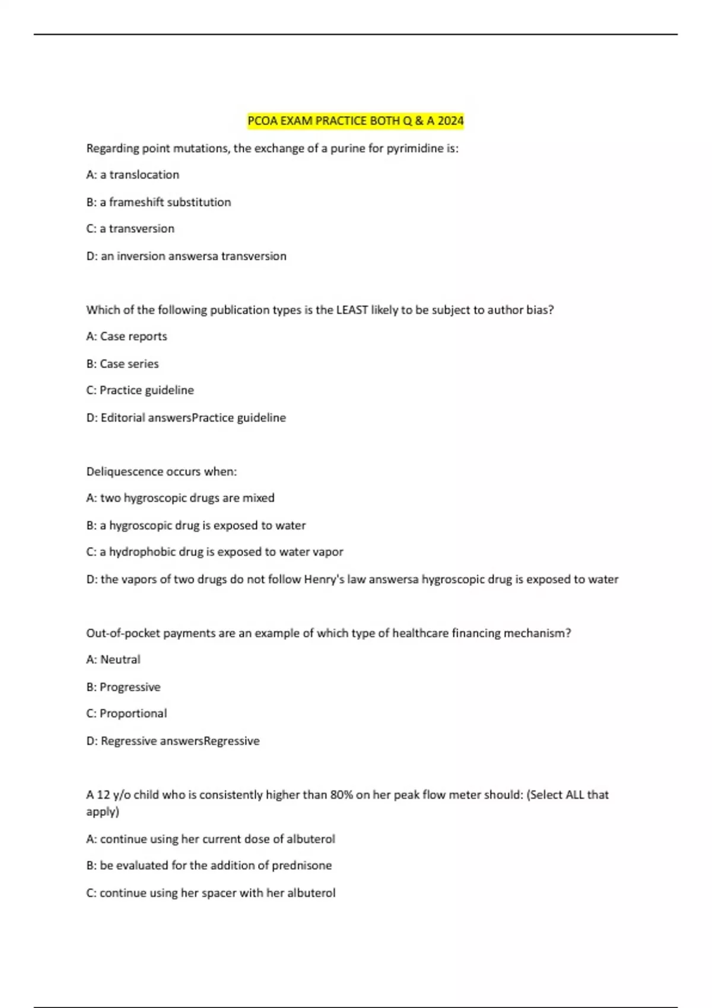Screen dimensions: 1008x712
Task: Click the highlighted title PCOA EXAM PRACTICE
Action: pos(323,121)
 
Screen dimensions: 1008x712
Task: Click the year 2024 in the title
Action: pos(450,121)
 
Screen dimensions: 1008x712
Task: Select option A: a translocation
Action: pos(133,175)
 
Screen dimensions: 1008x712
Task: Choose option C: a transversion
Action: pos(131,229)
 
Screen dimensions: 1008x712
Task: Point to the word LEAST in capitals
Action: pos(352,310)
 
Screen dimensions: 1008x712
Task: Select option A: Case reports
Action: pos(127,336)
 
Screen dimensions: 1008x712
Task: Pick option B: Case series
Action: pos(123,363)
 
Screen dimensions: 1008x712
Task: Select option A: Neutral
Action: pos(113,659)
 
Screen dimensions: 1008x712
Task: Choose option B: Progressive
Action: pos(123,687)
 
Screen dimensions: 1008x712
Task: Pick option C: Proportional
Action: pos(126,713)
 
